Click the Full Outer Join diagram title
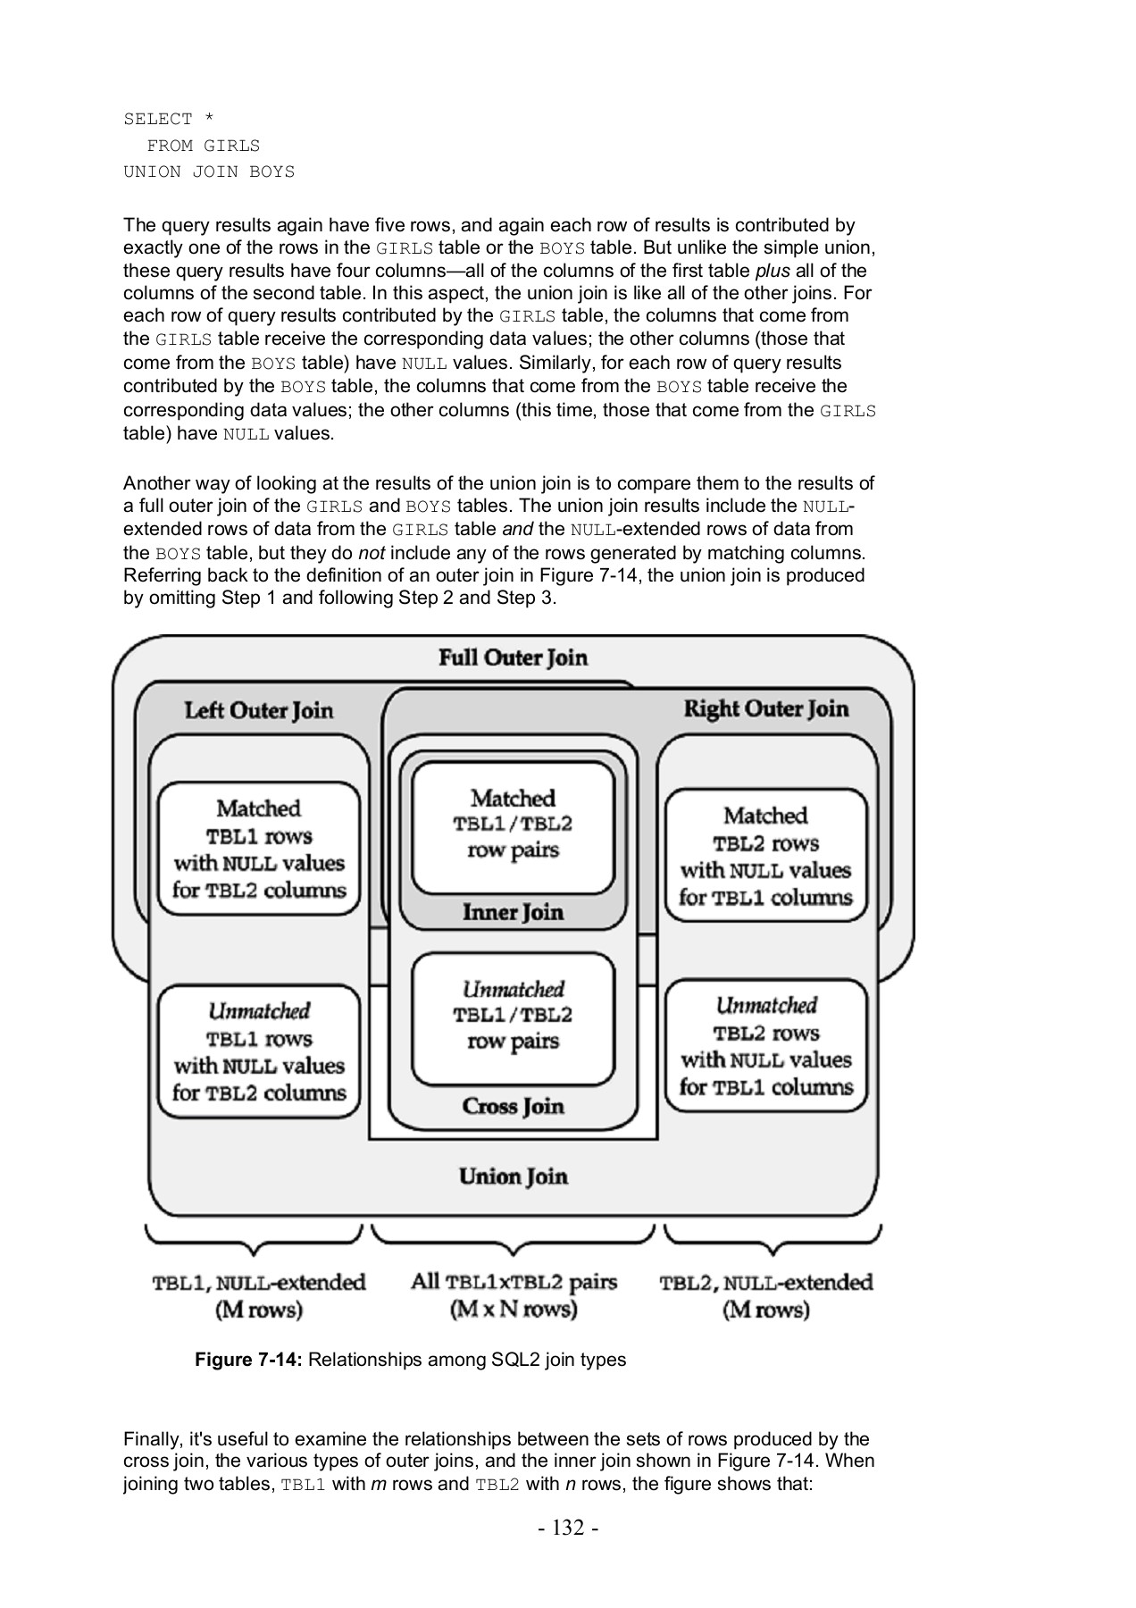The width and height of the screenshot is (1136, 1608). pos(513,658)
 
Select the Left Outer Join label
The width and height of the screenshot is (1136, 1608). pos(259,711)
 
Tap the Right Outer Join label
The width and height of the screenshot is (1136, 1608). pos(765,709)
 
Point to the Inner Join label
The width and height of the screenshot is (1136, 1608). pos(513,912)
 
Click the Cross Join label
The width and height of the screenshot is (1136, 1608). pos(513,1107)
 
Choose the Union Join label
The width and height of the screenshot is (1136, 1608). pos(513,1177)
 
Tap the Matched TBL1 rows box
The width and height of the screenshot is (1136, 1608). pos(259,850)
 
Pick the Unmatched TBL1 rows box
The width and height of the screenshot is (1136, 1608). pos(259,1052)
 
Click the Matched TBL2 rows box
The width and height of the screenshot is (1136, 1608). pos(765,857)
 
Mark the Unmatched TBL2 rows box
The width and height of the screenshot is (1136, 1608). pos(765,1046)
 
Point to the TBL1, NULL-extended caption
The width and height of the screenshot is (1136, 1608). pos(259,1295)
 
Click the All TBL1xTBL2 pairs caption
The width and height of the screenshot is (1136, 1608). pos(514,1295)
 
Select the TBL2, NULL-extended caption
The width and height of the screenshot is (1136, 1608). pos(765,1295)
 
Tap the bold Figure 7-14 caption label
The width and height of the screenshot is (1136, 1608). pos(249,1360)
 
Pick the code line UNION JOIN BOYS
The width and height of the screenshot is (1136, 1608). pos(209,172)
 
